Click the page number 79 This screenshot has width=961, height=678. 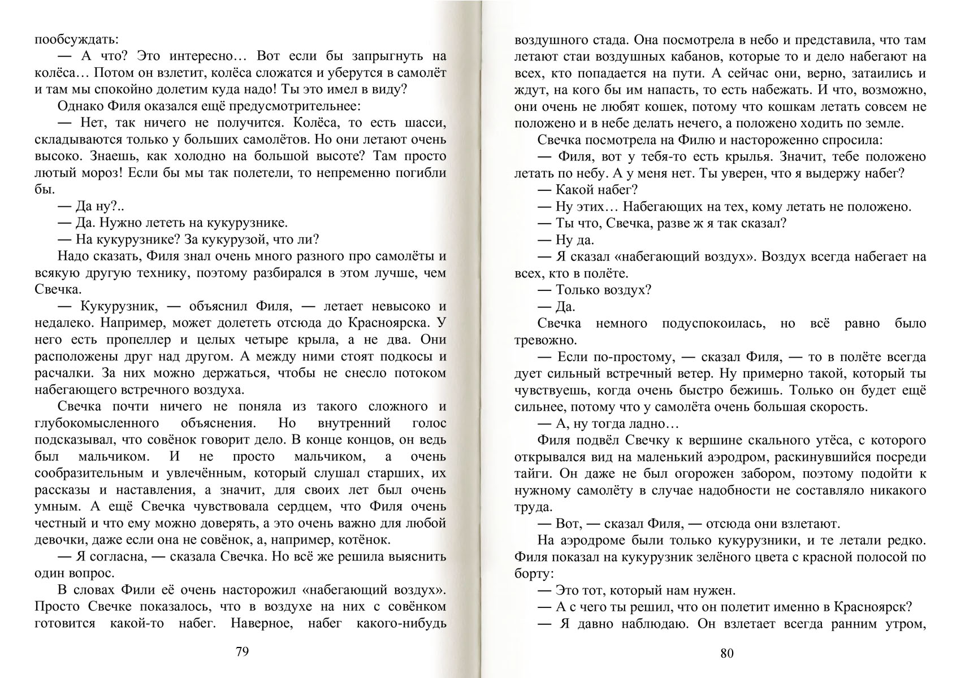241,651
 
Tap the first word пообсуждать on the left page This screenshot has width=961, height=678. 77,40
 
